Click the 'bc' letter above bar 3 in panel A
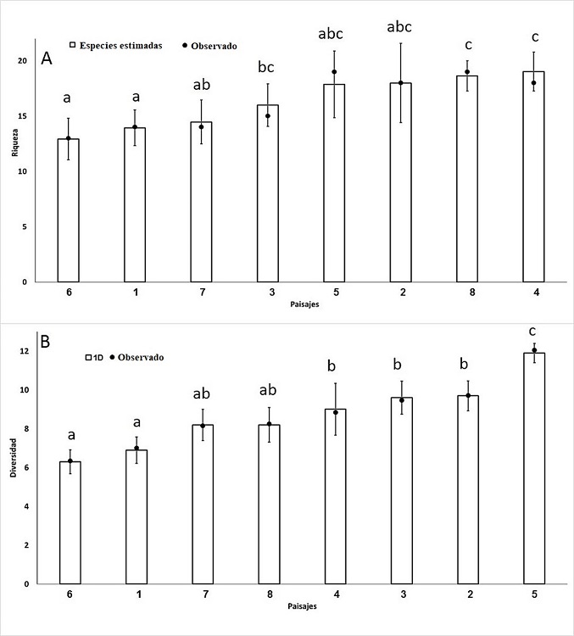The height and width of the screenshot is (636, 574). (267, 66)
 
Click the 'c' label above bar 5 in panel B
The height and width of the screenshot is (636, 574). (533, 331)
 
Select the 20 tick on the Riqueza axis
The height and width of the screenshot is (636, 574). (30, 61)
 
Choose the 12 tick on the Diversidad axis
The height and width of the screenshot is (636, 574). (28, 351)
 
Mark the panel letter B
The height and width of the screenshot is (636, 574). (46, 343)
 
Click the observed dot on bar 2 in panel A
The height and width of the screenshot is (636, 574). (400, 82)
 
